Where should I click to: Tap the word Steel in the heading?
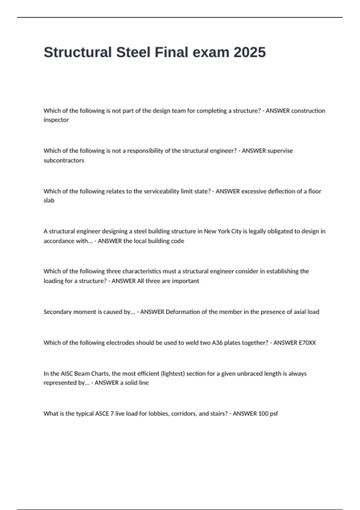133,52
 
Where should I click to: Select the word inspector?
56,120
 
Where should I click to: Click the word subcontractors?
64,160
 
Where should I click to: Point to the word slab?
49,200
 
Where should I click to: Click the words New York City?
223,231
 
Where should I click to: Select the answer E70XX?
303,343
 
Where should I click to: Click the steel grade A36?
217,343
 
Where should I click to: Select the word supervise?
280,151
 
